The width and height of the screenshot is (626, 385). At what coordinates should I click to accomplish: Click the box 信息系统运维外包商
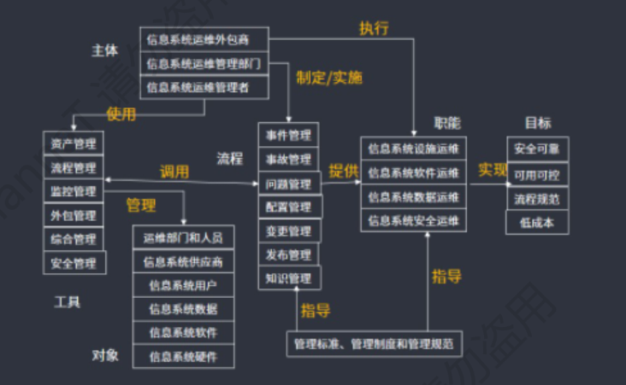(x=204, y=38)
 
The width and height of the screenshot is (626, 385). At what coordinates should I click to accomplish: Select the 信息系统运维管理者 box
(x=204, y=86)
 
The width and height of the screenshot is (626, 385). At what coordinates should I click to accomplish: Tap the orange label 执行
(x=373, y=27)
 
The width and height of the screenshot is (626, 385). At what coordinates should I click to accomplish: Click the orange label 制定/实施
(x=329, y=78)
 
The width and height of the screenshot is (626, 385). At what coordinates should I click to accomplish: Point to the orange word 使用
(x=121, y=114)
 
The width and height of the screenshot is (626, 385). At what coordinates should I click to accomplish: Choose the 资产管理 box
(x=74, y=143)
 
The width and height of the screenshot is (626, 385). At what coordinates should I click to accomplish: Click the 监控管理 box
(x=74, y=191)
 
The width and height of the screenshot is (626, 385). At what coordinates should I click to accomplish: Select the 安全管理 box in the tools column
(x=74, y=263)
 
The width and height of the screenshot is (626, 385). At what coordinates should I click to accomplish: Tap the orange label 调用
(x=174, y=171)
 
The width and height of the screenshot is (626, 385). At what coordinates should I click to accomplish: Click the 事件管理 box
(x=288, y=135)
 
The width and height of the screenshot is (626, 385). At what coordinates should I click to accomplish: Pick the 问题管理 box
(x=288, y=183)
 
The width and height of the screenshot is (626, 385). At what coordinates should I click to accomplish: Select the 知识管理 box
(x=288, y=277)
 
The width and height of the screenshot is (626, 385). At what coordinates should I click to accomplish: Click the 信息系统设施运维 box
(x=414, y=149)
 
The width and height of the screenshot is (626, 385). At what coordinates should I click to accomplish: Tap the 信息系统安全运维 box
(x=414, y=220)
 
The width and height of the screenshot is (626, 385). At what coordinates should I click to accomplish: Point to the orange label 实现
(x=492, y=170)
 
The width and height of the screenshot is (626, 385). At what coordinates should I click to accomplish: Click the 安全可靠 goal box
(x=537, y=149)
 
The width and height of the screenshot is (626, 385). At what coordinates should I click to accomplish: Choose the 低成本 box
(x=537, y=223)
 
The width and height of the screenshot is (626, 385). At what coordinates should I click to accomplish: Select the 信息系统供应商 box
(x=183, y=261)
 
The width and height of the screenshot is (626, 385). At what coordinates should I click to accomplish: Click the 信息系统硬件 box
(x=183, y=356)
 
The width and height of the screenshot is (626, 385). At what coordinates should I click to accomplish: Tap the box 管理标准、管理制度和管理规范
(x=373, y=344)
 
